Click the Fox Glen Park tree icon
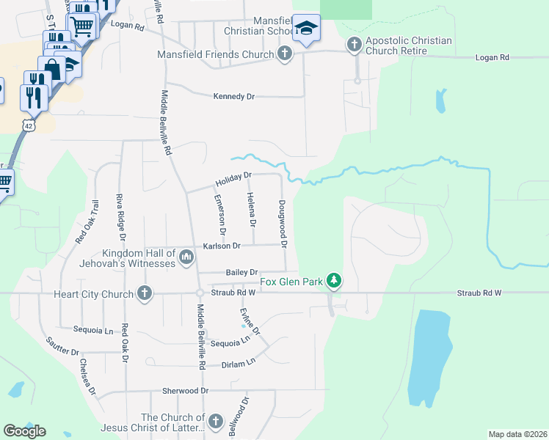tap(334, 280)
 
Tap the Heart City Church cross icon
tap(145, 293)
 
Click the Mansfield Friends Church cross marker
tap(285, 53)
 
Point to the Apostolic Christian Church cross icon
tap(354, 45)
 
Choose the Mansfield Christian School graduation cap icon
tap(306, 29)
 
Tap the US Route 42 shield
tap(28, 125)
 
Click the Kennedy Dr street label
tap(233, 96)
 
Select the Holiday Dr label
tap(233, 178)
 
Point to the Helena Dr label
tap(251, 208)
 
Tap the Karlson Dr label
tap(222, 246)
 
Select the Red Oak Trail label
tap(87, 221)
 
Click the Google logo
tap(24, 431)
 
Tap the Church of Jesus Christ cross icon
tap(215, 421)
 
